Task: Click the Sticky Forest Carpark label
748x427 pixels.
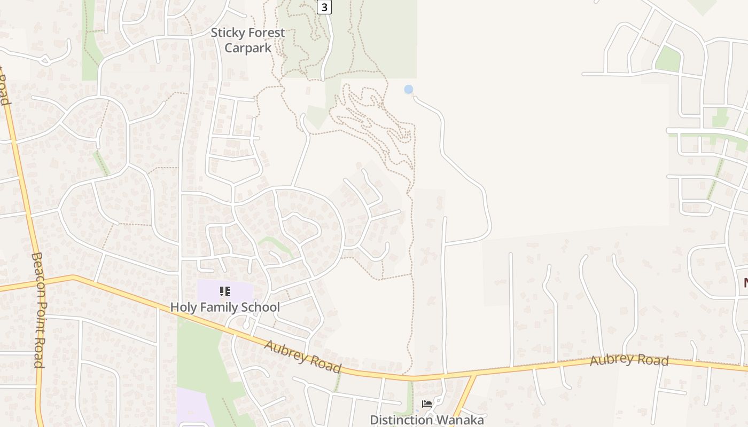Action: tap(247, 40)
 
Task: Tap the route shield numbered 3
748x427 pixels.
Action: tap(324, 7)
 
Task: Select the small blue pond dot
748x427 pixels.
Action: tap(409, 89)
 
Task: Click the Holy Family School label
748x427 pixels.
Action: tap(225, 307)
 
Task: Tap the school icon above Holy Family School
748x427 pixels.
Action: tap(225, 291)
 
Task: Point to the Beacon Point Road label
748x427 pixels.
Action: tap(37, 310)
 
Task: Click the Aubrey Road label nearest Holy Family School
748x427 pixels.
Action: tap(302, 356)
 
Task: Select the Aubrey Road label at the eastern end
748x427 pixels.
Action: tap(629, 360)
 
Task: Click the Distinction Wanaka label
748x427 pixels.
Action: tap(426, 420)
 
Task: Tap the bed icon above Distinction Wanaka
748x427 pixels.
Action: tap(426, 404)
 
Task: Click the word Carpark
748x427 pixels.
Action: tap(247, 48)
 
